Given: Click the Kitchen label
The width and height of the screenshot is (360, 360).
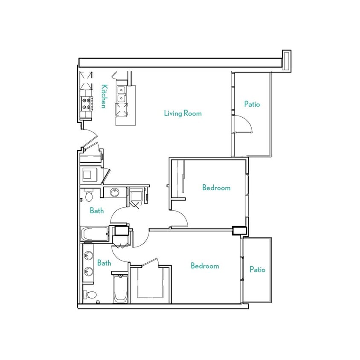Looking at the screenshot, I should (103, 96).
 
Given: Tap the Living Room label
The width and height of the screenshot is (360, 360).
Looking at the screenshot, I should (183, 113).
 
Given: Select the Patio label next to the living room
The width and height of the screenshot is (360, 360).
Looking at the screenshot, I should (252, 104).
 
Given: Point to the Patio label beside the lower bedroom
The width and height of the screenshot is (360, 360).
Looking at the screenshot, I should (257, 270).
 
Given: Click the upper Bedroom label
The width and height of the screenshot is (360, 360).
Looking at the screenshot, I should (216, 188).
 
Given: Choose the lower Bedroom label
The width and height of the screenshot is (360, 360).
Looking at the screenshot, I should (205, 266).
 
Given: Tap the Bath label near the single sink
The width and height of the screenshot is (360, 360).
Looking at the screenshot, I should (97, 210).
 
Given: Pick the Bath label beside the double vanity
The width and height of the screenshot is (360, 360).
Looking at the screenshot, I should (104, 263).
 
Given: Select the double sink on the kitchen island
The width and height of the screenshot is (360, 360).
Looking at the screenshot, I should (121, 94).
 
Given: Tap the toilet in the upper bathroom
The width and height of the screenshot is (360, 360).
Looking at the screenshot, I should (89, 196).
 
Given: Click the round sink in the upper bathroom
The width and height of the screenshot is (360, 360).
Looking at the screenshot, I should (114, 192).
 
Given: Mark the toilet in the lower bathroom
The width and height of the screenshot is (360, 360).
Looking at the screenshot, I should (90, 294).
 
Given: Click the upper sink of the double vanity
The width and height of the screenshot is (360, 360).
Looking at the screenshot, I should (89, 256).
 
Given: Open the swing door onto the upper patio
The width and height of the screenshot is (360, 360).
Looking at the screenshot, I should (244, 124).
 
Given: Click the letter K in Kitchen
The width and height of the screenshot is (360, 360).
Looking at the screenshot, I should (103, 87).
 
